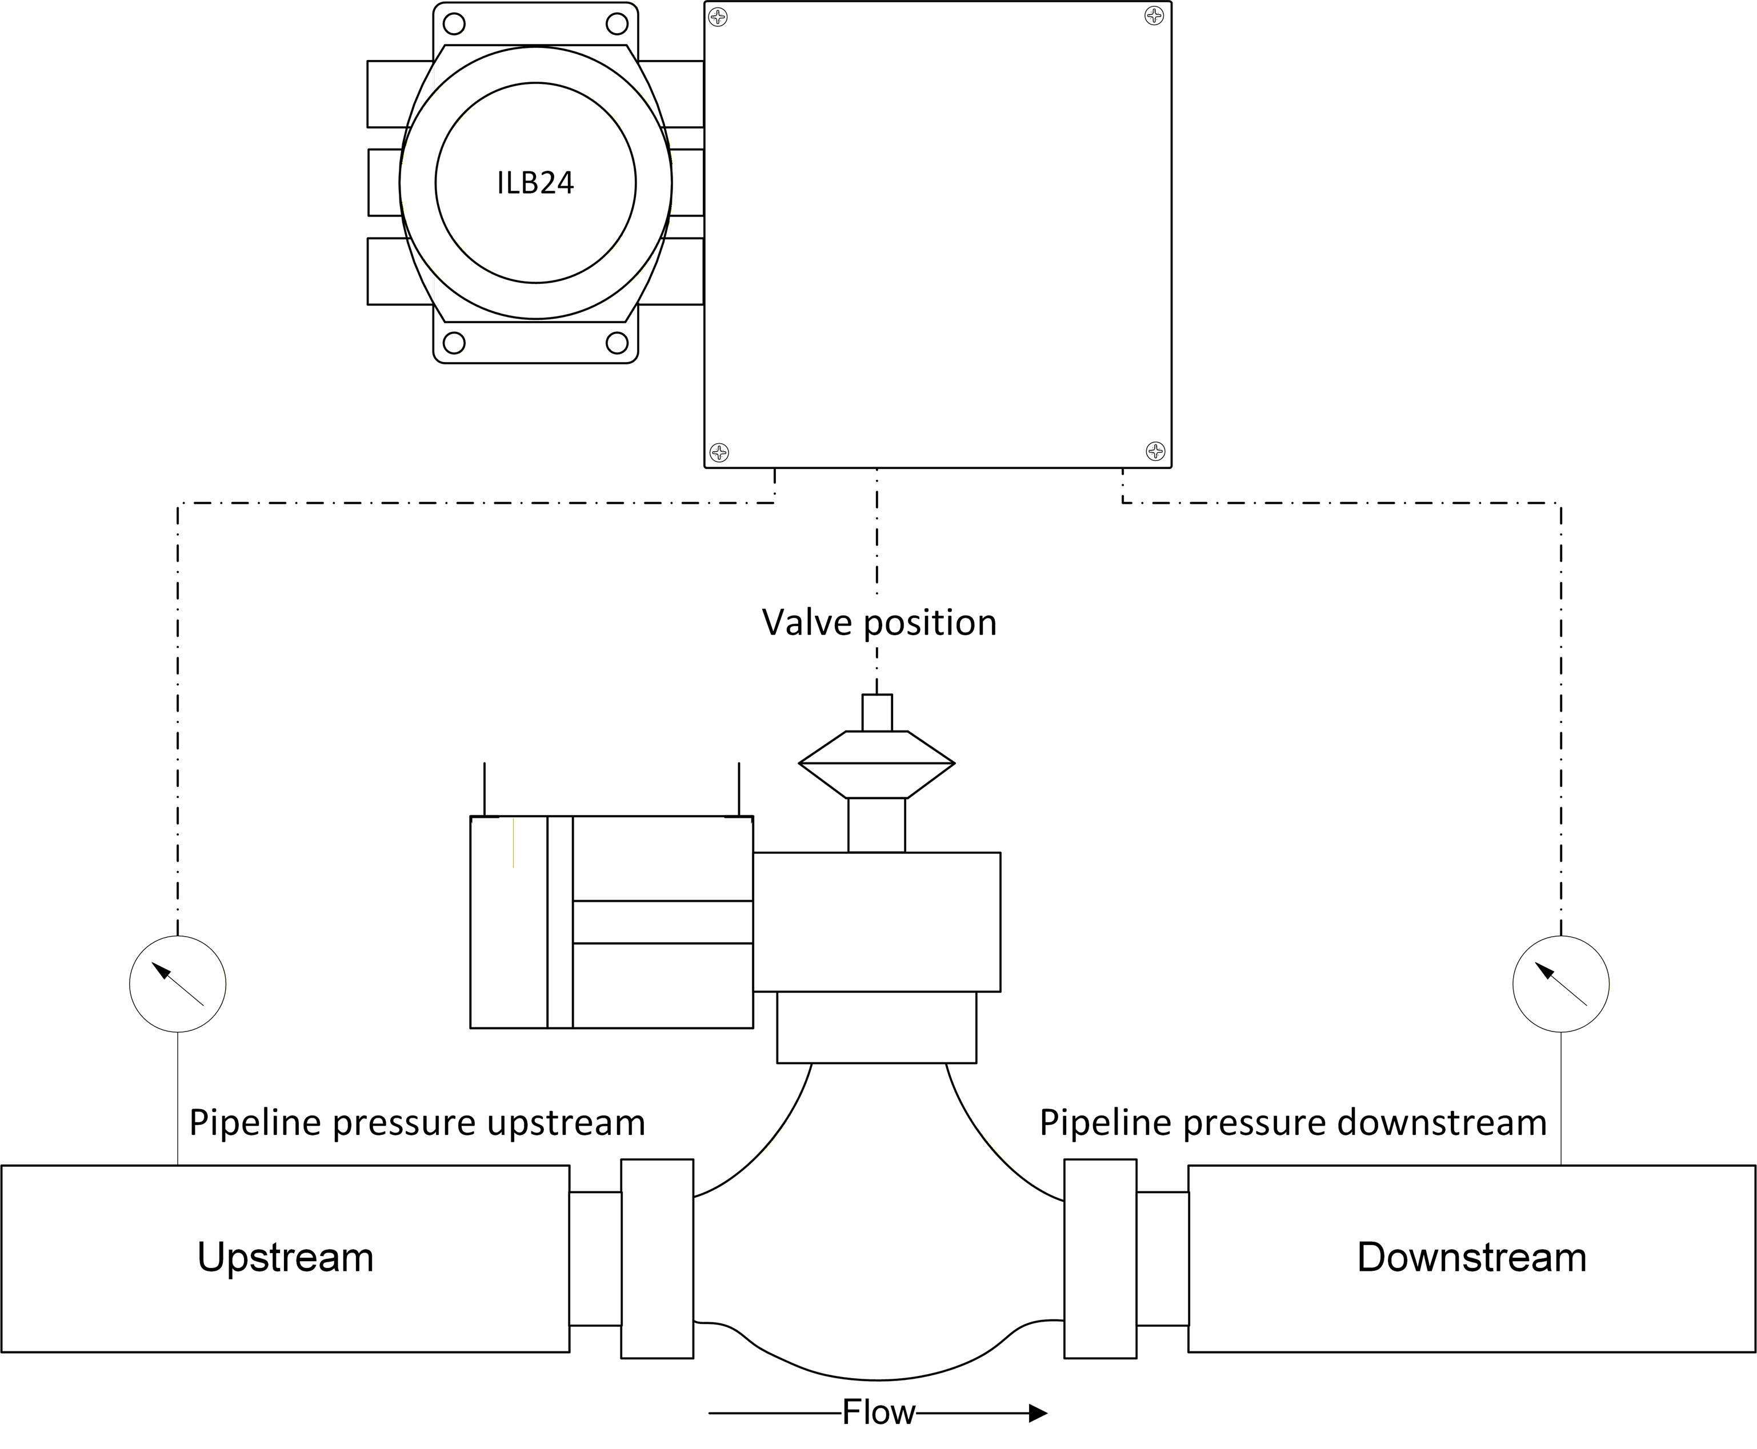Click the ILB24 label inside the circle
[535, 183]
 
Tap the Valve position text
[879, 623]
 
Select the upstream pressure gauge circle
[178, 984]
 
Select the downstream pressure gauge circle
[1561, 984]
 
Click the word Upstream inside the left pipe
[285, 1257]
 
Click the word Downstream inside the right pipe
[1471, 1257]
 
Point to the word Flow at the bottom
[879, 1412]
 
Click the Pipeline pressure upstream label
[417, 1123]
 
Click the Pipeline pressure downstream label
[1292, 1123]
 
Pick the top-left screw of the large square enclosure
[718, 17]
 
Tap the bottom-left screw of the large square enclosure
[719, 452]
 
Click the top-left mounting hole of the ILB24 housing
[454, 23]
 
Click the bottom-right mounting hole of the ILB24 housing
[617, 342]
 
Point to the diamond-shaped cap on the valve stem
[877, 764]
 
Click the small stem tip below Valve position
[877, 713]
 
